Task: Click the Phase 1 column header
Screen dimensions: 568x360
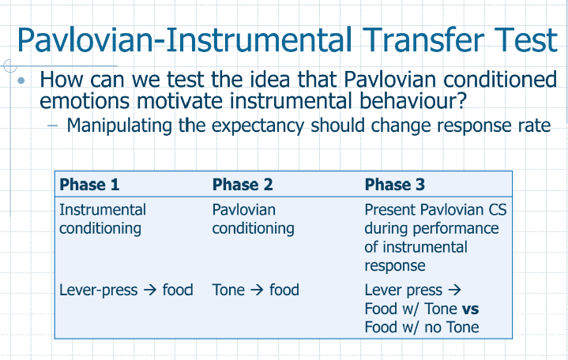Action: (89, 185)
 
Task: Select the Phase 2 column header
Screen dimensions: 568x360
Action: (243, 185)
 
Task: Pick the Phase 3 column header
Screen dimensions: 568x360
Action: (394, 185)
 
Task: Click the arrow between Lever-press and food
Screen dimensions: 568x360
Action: (149, 290)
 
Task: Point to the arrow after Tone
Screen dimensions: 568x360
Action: (257, 290)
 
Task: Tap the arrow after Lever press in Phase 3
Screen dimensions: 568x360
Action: (454, 290)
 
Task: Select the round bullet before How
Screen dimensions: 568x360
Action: (21, 80)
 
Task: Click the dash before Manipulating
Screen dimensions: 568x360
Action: (52, 126)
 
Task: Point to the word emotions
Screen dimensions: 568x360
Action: (85, 101)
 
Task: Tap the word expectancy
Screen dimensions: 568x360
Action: (258, 126)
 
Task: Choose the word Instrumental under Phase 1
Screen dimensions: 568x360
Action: (103, 210)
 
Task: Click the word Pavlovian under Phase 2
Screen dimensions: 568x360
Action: (244, 210)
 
